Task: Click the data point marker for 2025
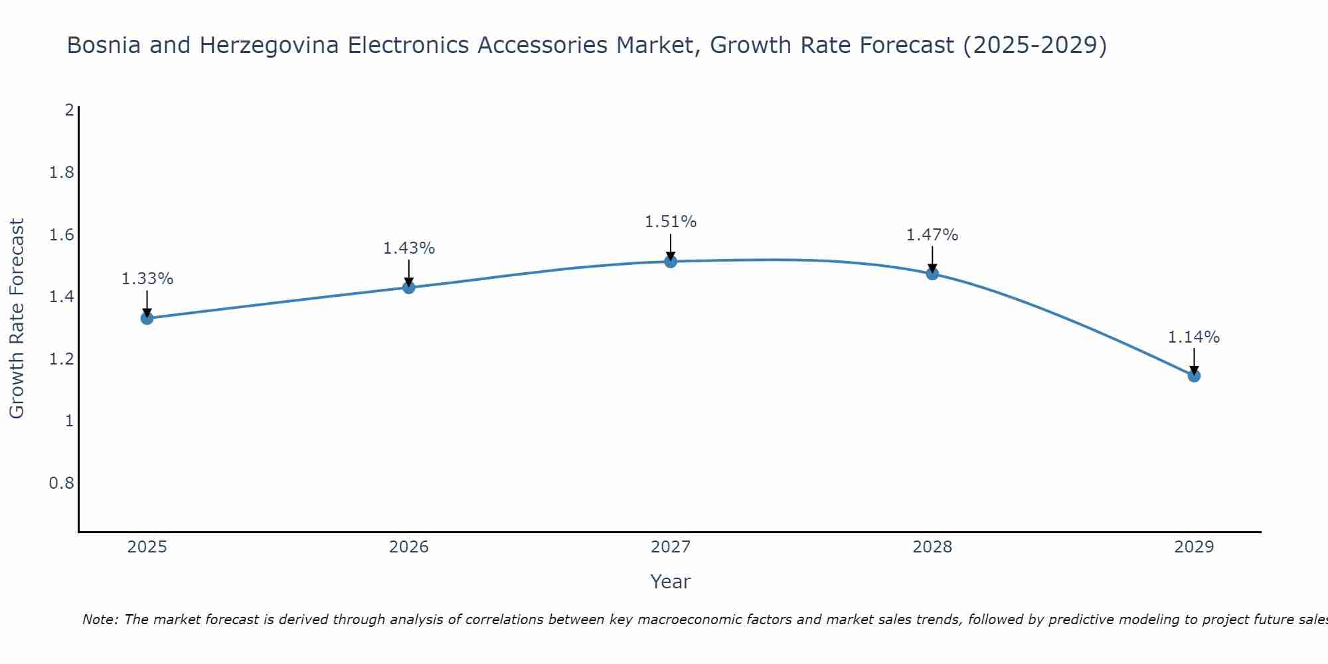[x=147, y=318]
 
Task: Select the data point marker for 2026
[x=409, y=288]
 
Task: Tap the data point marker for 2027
[x=671, y=262]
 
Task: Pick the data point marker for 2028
[x=932, y=274]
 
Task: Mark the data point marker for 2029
[x=1194, y=376]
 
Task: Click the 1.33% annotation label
[x=147, y=279]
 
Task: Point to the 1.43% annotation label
[x=409, y=248]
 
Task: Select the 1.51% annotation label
[x=671, y=222]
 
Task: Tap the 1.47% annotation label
[x=932, y=235]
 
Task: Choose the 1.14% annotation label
[x=1194, y=337]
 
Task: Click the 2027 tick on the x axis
[x=671, y=547]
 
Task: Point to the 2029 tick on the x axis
[x=1194, y=547]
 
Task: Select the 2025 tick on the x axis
[x=147, y=547]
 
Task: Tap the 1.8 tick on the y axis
[x=61, y=173]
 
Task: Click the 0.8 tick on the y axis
[x=61, y=483]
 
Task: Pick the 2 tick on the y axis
[x=69, y=110]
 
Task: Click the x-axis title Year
[x=671, y=582]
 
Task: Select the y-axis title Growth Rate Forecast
[x=17, y=319]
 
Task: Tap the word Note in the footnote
[x=100, y=620]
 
